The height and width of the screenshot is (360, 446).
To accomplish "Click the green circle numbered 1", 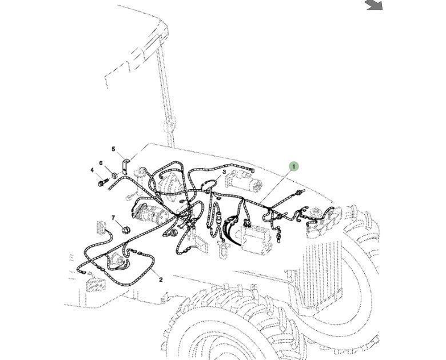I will (x=293, y=167).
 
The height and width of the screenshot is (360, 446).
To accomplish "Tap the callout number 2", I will (x=161, y=279).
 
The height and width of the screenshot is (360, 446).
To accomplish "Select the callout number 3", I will (x=224, y=172).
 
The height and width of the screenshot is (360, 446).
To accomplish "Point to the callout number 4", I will (x=92, y=170).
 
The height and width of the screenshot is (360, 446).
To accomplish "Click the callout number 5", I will (x=113, y=150).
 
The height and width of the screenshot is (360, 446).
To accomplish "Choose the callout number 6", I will (x=101, y=163).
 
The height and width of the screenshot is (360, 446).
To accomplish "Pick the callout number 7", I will (x=113, y=218).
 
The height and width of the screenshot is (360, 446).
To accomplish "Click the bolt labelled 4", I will (x=102, y=183).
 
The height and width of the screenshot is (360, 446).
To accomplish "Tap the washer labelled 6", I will (x=113, y=174).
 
